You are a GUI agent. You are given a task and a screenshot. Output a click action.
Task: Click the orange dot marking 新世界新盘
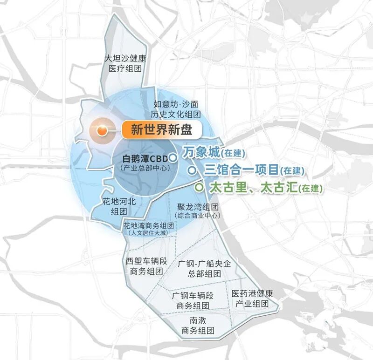(101, 131)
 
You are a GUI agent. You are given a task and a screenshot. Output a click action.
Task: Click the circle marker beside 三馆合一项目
(191, 170)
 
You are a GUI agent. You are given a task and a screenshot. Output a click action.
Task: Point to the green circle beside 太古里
(199, 188)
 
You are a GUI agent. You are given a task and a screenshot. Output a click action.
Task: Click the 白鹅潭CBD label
(145, 157)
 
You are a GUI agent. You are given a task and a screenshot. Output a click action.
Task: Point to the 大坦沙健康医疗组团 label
(125, 64)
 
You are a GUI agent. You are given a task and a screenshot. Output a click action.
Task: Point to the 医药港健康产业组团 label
(252, 299)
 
